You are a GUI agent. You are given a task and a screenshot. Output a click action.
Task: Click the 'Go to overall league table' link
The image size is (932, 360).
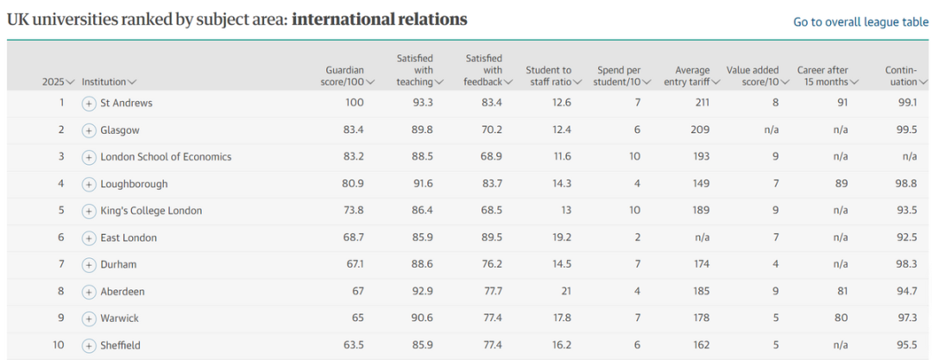pos(860,22)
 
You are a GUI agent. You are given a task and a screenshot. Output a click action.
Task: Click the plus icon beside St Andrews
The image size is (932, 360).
pos(88,104)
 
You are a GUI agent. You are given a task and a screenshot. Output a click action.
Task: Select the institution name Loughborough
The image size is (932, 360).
pos(134,184)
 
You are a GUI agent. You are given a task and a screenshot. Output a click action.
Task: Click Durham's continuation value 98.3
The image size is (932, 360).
pos(906,265)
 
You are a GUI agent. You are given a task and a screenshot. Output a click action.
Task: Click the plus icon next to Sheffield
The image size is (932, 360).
pos(88,345)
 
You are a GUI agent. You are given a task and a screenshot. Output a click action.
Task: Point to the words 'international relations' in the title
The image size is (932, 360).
pos(380,20)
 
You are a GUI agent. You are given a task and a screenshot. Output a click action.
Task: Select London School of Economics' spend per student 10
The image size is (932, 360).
pos(636,157)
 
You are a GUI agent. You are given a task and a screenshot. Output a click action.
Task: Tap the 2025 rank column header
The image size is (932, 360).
pos(58,82)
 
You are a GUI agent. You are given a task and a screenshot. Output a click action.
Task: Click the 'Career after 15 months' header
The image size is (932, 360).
pos(827,76)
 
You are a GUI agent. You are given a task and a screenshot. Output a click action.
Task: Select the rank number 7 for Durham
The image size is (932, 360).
pos(61,265)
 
